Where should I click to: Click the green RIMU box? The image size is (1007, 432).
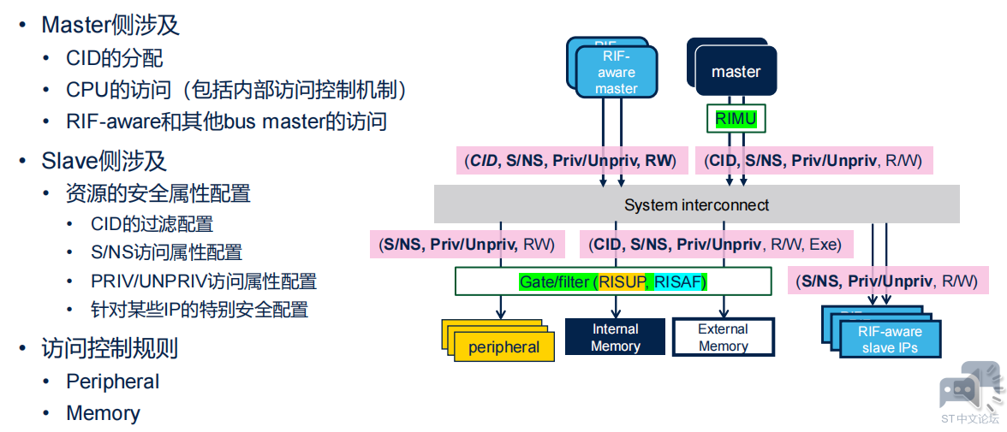coord(736,119)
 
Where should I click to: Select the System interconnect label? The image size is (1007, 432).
coord(696,205)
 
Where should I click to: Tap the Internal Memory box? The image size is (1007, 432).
coord(615,337)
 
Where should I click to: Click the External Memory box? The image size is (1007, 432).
coord(723,337)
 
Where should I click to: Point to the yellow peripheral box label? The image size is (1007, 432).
coord(503,348)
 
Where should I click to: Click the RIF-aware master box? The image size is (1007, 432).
coord(616,73)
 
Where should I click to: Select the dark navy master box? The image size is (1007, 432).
coord(736,72)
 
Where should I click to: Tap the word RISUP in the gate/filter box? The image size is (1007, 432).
coord(623,281)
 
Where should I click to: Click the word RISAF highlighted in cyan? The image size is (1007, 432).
coord(679,281)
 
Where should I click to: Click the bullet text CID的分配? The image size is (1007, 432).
coord(115,58)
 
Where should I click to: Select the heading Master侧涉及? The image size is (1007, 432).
coord(110,25)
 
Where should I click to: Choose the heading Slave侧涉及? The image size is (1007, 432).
coord(104,161)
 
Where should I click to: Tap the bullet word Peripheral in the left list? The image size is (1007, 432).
coord(112,382)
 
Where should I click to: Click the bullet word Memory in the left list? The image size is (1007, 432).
coord(103,412)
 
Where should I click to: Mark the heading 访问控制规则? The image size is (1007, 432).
coord(110,348)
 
